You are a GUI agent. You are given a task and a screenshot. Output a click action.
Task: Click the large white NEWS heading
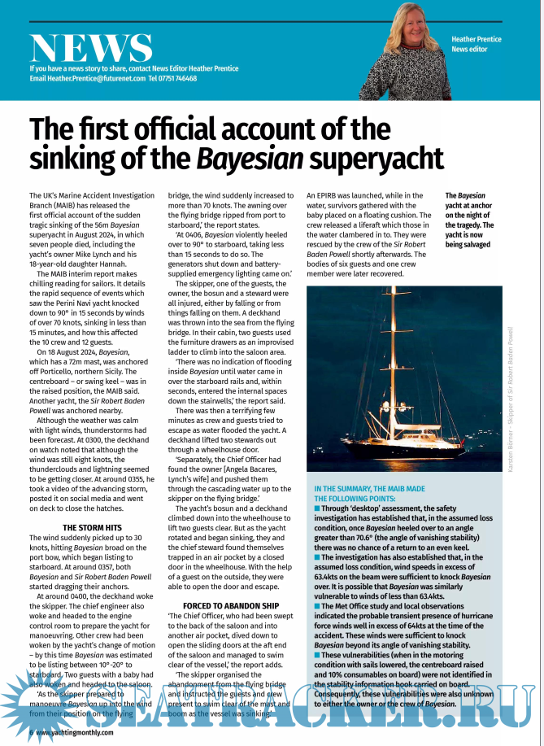tap(90, 49)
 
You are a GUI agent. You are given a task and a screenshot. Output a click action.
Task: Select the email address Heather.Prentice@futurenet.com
tap(87, 79)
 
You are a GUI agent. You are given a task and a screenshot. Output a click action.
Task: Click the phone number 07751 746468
tap(178, 79)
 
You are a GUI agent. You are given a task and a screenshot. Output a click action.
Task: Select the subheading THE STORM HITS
tap(92, 528)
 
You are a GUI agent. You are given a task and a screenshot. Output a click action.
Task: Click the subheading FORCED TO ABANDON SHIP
tap(230, 606)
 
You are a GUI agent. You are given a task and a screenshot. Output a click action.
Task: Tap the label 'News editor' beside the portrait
tap(471, 50)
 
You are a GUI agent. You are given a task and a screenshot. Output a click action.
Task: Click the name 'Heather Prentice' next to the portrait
tap(477, 39)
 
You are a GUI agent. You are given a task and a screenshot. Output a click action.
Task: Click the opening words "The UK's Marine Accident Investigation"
tap(91, 196)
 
